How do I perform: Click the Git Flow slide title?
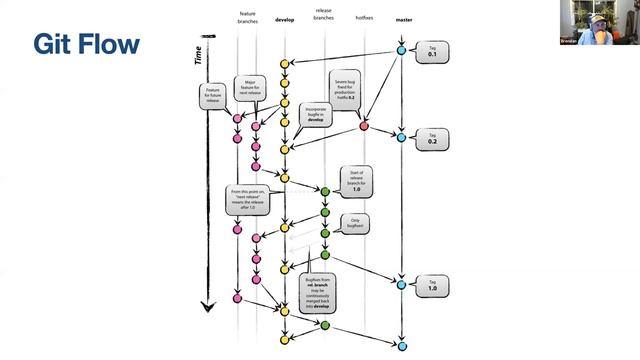(x=86, y=44)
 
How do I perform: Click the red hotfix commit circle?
(x=364, y=126)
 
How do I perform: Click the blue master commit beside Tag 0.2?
(x=401, y=137)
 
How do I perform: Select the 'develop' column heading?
(x=284, y=20)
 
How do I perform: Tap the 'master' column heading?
(x=402, y=20)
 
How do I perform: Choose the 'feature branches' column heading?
(x=247, y=18)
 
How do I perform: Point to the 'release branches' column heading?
(x=323, y=15)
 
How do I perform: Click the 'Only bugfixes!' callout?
(x=355, y=221)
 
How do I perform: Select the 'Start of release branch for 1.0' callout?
(x=357, y=180)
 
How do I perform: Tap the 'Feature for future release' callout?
(x=213, y=96)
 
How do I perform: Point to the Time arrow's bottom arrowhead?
(x=204, y=307)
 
